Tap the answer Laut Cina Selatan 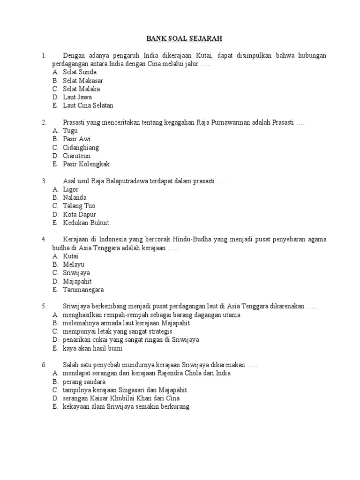point(88,105)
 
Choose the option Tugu point(70,131)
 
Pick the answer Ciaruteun point(77,156)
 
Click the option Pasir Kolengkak point(86,164)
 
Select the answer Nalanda point(75,198)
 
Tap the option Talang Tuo point(79,206)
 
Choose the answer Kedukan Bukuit point(86,223)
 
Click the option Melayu point(74,265)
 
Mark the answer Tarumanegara point(83,290)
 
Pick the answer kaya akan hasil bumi point(92,348)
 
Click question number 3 point(44,181)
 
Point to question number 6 point(44,365)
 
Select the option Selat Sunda point(80,72)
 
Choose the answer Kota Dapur point(79,214)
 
